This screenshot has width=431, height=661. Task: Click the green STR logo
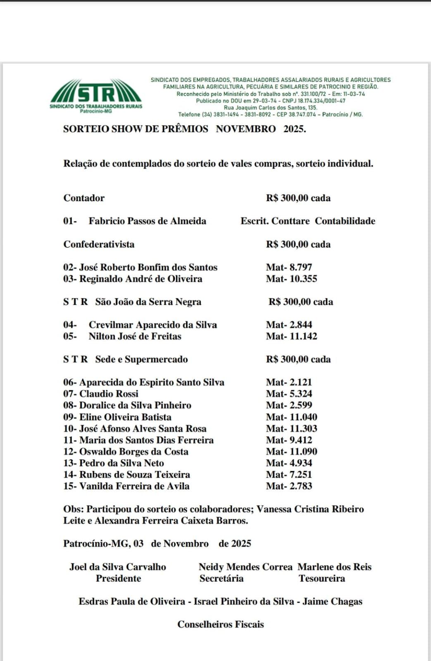96,94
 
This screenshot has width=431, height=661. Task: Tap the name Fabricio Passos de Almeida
147,221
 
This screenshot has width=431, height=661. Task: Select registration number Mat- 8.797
289,267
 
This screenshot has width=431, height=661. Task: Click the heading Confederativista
99,244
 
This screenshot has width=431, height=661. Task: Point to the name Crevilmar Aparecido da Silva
152,325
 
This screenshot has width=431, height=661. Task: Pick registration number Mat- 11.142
291,336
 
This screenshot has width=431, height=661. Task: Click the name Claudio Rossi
109,394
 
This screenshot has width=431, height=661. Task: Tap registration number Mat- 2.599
289,405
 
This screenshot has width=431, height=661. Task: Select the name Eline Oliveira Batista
125,417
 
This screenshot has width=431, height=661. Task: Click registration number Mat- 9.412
289,440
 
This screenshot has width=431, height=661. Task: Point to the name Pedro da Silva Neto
121,463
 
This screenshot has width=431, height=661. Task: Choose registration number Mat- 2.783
289,486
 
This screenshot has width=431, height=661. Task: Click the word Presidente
118,578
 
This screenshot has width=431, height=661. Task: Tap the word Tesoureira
321,578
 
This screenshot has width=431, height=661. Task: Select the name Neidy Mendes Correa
245,567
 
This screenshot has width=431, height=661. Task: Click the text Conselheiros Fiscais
220,624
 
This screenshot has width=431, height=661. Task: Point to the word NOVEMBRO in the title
245,129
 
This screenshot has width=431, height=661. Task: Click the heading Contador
84,198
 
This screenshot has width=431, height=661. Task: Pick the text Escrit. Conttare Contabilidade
308,221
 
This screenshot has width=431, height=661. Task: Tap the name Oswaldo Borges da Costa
133,452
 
